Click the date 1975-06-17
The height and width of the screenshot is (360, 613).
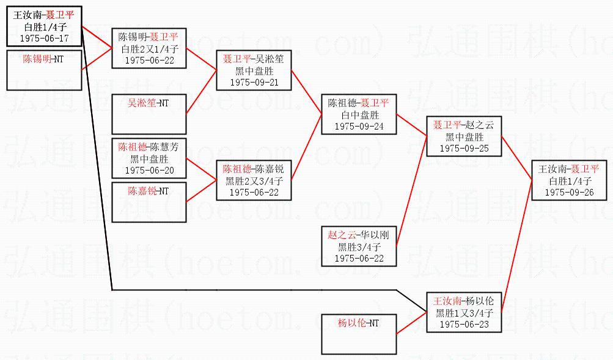click(44, 39)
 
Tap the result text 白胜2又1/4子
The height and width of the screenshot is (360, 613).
click(149, 49)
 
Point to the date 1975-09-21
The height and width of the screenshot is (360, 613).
click(254, 82)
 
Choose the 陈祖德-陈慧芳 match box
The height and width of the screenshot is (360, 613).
click(149, 158)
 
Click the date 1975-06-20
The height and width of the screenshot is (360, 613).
click(149, 171)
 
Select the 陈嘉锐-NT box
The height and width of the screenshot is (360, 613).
click(149, 201)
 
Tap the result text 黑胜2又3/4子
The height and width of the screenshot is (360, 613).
click(254, 180)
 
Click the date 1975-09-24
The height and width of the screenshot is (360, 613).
click(359, 127)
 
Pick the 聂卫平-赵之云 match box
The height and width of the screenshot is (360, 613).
click(463, 136)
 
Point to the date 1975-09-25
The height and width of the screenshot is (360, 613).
click(463, 149)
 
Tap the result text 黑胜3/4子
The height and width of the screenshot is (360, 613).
click(359, 247)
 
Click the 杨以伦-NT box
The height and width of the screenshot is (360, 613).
click(359, 333)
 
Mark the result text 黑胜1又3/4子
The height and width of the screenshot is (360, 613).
click(464, 312)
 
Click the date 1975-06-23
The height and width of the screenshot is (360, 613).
click(464, 324)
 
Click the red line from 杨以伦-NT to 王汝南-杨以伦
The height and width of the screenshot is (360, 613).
click(411, 323)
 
